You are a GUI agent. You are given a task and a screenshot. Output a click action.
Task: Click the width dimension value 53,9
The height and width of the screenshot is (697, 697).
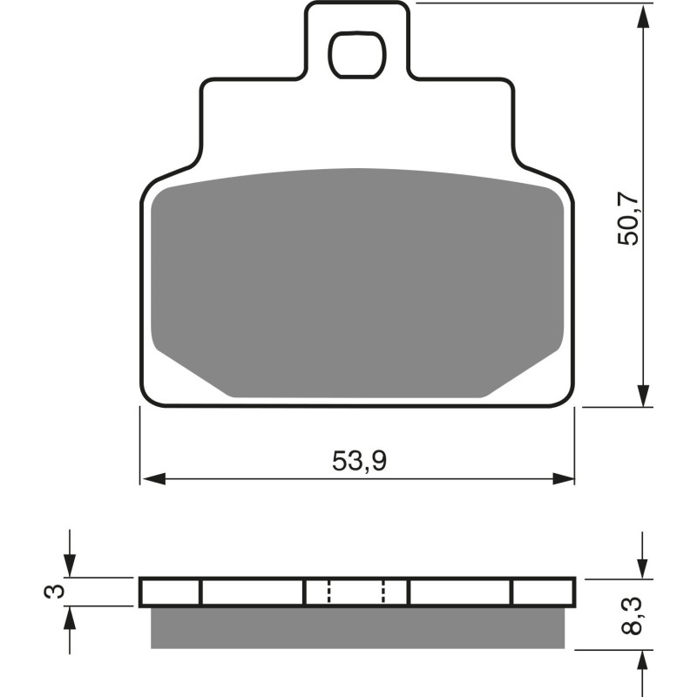click(359, 461)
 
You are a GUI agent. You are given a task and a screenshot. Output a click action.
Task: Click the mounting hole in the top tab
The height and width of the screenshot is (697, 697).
click(356, 52)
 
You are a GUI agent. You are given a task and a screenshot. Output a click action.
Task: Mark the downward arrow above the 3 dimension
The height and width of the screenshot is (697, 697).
click(70, 566)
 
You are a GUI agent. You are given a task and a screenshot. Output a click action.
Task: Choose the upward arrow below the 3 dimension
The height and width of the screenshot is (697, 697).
click(70, 617)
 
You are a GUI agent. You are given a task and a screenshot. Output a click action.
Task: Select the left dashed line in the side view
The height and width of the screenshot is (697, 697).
click(328, 592)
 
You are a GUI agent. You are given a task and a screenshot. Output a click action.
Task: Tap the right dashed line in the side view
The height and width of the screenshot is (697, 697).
click(383, 592)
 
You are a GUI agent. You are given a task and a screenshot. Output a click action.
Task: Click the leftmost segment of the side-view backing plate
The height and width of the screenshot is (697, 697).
click(171, 592)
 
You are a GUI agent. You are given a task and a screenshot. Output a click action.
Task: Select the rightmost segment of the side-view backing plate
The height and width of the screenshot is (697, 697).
click(543, 592)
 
